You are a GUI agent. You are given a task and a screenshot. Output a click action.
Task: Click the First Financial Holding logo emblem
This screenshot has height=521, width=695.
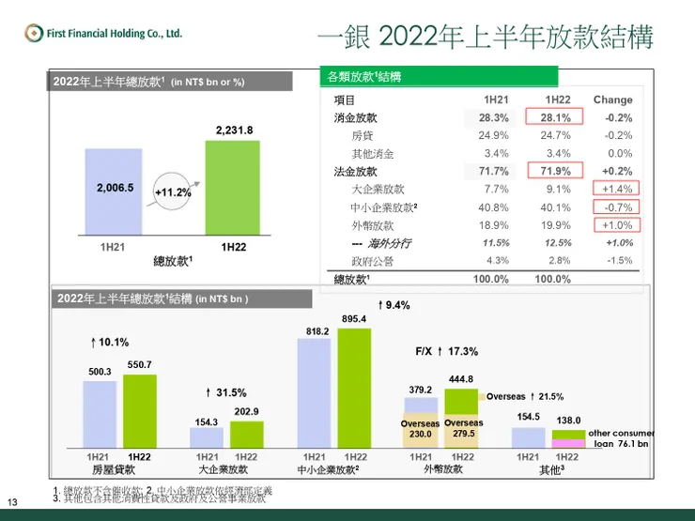pos(35,33)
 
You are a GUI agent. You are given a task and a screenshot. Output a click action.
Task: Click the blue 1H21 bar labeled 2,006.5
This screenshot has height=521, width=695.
pos(115,193)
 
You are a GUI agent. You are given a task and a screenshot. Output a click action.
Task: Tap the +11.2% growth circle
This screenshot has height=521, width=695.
pos(172,192)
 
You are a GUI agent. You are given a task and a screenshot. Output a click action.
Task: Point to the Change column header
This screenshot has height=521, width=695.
pos(612,100)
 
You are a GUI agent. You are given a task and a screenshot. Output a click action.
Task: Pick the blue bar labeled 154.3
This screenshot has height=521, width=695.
pos(207,438)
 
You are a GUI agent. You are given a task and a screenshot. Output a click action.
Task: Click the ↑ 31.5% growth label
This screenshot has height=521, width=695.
pos(225,392)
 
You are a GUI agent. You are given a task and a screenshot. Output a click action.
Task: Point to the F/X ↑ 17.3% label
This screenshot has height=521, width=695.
pos(447,351)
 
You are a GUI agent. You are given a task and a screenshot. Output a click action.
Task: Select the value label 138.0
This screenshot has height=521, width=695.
pos(569,421)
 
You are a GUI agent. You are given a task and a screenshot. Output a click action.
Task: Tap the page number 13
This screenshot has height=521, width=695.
pos(12,501)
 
